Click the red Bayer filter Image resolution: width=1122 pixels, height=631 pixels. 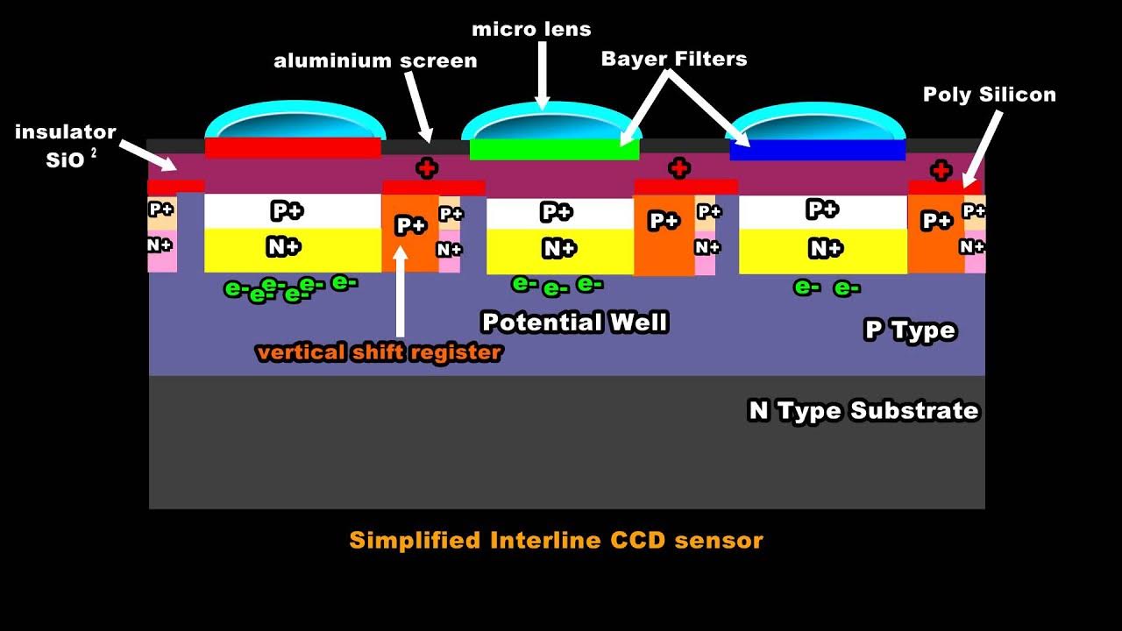(x=293, y=147)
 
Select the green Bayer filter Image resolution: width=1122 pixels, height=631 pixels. (x=554, y=149)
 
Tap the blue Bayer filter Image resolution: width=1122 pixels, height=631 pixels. (x=817, y=150)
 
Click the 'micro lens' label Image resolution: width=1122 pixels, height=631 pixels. (x=531, y=29)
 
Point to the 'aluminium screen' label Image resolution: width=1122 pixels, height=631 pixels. (x=375, y=60)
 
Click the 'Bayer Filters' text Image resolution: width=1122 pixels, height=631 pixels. (x=673, y=59)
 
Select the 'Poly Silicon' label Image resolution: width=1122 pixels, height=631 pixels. (x=989, y=95)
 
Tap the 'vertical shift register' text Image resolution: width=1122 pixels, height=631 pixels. (x=379, y=352)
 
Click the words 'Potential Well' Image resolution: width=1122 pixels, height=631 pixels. (x=575, y=323)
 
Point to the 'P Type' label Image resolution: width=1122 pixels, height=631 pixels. (x=909, y=330)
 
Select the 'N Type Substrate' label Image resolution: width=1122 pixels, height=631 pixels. (x=863, y=411)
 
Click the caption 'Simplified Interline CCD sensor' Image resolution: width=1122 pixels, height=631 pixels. (x=556, y=540)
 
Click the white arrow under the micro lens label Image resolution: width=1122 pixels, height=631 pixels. (x=543, y=74)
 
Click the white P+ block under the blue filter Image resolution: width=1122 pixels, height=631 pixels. (x=822, y=210)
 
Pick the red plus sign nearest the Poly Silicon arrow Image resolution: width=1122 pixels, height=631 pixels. (x=941, y=169)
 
